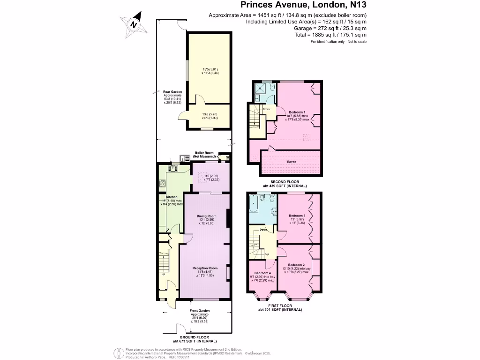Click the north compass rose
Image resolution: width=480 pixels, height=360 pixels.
pos(135,24)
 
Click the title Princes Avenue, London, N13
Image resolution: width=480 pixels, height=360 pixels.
pos(303,5)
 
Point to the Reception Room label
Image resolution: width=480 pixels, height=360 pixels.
pos(205,268)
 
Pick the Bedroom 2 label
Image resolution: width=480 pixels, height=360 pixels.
pos(297,264)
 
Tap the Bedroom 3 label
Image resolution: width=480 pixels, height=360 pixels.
pos(297,216)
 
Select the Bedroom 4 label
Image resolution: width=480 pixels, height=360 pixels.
pos(262,273)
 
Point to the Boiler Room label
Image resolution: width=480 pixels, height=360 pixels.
pos(204,153)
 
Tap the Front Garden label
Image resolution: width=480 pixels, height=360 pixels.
pos(199,311)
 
